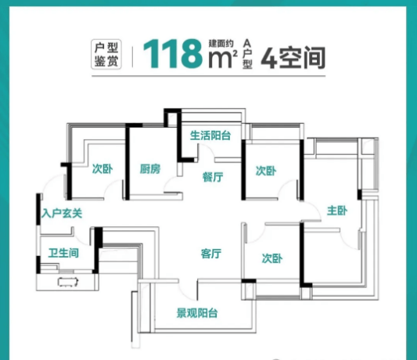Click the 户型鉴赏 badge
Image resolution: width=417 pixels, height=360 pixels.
pos(106,55)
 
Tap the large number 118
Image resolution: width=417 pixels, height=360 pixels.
pos(173,54)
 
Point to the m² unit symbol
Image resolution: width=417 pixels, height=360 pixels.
pos(223,59)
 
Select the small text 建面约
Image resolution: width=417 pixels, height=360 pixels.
pos(221,43)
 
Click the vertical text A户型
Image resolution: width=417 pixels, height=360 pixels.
pos(247,54)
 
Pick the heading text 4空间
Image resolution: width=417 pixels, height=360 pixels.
pos(293,58)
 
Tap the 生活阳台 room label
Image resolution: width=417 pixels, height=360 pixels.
pos(210,135)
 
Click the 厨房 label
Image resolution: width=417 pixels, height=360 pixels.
pos(150,169)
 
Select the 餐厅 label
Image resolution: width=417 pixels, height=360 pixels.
pos(213,177)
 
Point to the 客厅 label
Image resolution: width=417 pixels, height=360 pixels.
pos(211,254)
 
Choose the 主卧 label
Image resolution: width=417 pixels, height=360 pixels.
pos(337,211)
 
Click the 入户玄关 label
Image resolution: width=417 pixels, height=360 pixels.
pos(62,214)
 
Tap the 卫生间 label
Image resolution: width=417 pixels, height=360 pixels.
pos(63,253)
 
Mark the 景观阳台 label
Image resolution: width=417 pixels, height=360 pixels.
pos(197,313)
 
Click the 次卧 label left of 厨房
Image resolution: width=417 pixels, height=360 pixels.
pos(102,169)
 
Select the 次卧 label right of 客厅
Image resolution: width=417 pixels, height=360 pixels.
pos(272,258)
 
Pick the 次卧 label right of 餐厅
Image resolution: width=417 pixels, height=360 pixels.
pos(266,171)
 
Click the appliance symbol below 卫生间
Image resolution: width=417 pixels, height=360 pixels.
pos(68,282)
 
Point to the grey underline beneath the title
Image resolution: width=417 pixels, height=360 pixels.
pos(208,76)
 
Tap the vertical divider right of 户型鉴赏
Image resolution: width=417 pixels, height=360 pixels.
pos(133,56)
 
